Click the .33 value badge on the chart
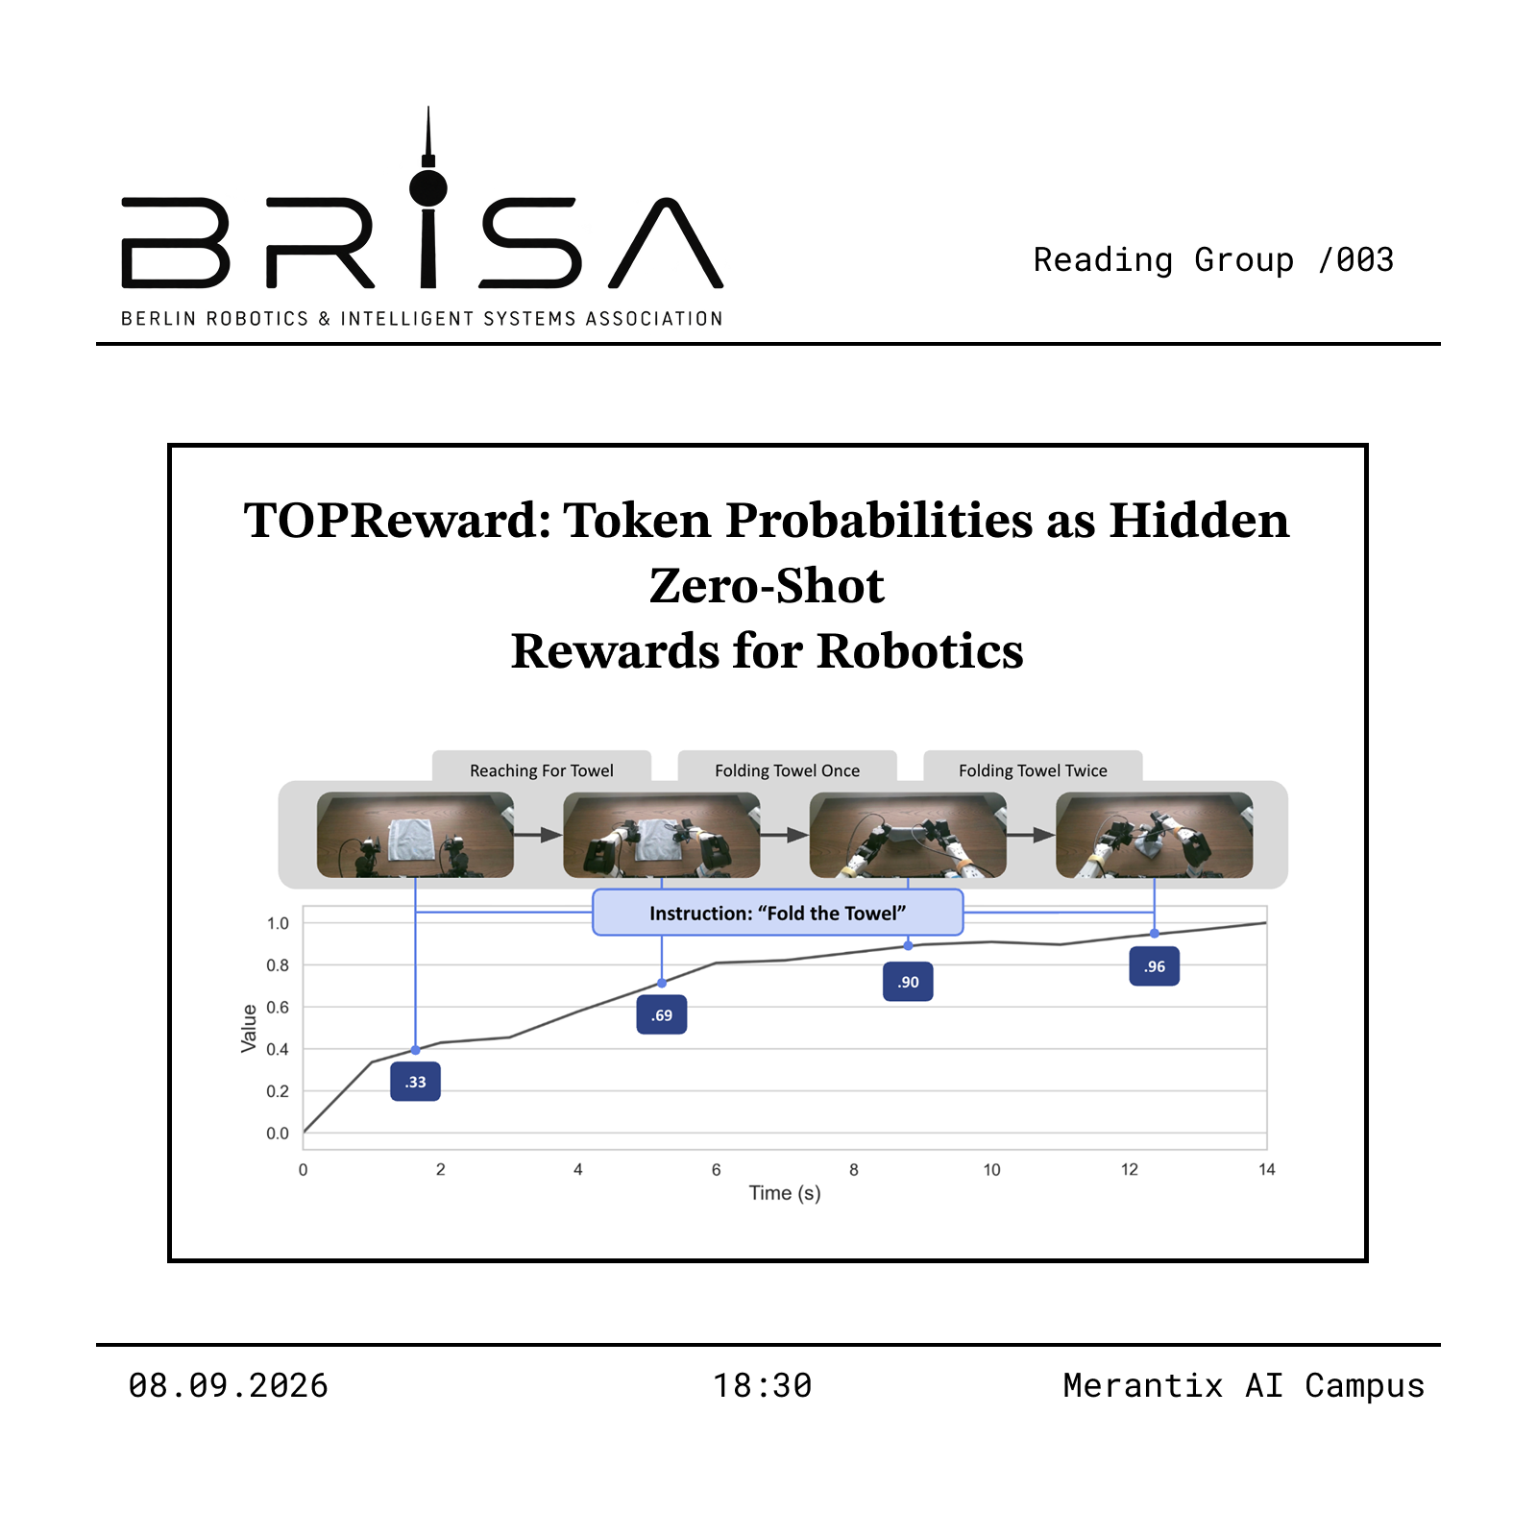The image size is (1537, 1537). click(415, 1082)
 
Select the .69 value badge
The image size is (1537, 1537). click(662, 1015)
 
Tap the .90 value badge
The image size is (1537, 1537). click(908, 982)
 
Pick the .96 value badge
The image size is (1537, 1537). click(1155, 966)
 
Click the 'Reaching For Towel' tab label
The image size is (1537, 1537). click(542, 770)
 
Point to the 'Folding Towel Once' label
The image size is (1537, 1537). click(788, 770)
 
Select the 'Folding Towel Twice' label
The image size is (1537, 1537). click(1034, 770)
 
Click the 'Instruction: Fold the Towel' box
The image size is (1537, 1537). click(778, 913)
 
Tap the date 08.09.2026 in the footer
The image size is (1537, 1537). click(229, 1386)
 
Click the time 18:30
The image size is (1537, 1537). click(763, 1386)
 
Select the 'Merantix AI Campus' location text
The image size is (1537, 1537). click(1244, 1386)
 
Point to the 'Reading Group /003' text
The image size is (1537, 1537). click(1213, 259)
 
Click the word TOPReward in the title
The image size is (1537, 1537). click(398, 521)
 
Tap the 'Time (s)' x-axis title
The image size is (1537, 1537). click(785, 1193)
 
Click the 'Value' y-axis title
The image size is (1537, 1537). click(249, 1028)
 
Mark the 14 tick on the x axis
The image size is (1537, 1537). click(1267, 1169)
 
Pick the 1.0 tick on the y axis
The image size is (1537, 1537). click(278, 923)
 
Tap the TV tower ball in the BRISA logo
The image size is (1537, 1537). click(428, 188)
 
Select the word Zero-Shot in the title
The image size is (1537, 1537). click(767, 586)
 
